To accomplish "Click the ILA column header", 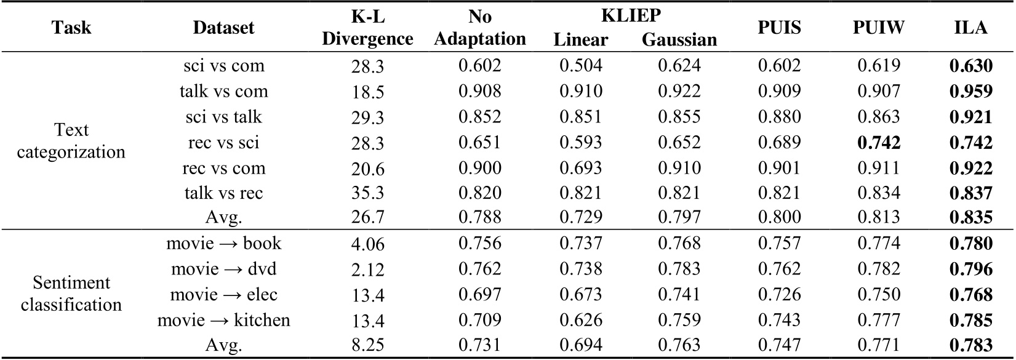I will pyautogui.click(x=970, y=28).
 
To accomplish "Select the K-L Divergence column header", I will pyautogui.click(x=367, y=28).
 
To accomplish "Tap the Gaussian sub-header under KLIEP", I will pyautogui.click(x=679, y=40).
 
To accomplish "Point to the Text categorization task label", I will pyautogui.click(x=71, y=141).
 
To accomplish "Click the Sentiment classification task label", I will pyautogui.click(x=71, y=294).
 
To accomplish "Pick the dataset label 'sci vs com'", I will pyautogui.click(x=223, y=66).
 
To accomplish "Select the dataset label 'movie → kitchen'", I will pyautogui.click(x=223, y=320).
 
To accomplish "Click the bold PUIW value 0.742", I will pyautogui.click(x=879, y=142).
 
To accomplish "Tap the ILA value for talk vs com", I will pyautogui.click(x=970, y=91).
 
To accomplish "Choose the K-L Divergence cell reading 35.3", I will pyautogui.click(x=367, y=193).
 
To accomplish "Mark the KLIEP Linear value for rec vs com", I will pyautogui.click(x=580, y=168).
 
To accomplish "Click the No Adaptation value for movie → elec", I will pyautogui.click(x=479, y=294).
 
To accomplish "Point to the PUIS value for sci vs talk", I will pyautogui.click(x=779, y=117).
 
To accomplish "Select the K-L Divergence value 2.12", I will pyautogui.click(x=367, y=270).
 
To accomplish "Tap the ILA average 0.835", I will pyautogui.click(x=970, y=218).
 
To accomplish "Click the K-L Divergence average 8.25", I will pyautogui.click(x=367, y=346).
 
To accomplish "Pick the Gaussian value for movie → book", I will pyautogui.click(x=679, y=244).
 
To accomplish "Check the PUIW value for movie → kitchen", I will pyautogui.click(x=879, y=320).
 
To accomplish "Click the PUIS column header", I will pyautogui.click(x=779, y=28).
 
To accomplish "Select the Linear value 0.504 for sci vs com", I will pyautogui.click(x=580, y=66).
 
